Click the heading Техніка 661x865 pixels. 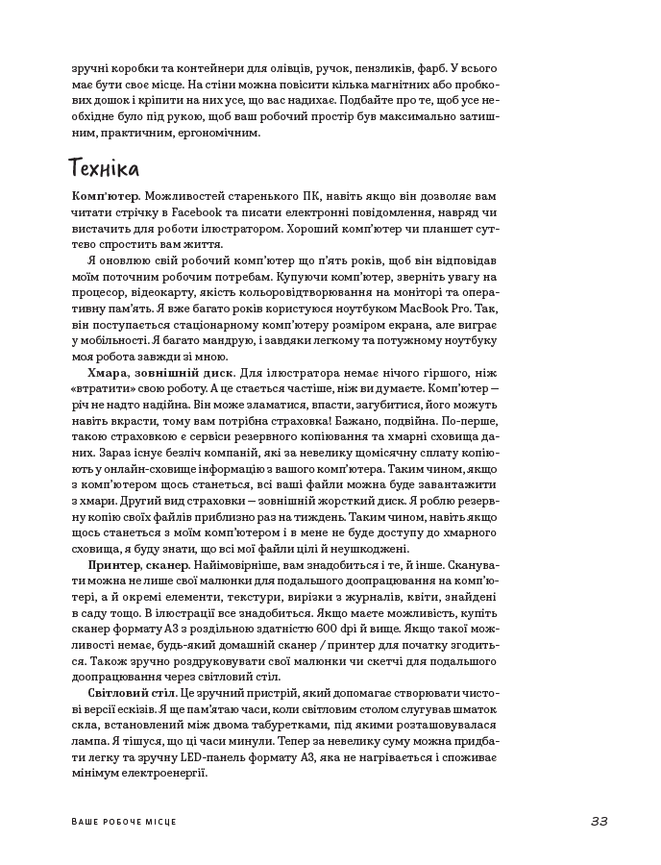105,168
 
